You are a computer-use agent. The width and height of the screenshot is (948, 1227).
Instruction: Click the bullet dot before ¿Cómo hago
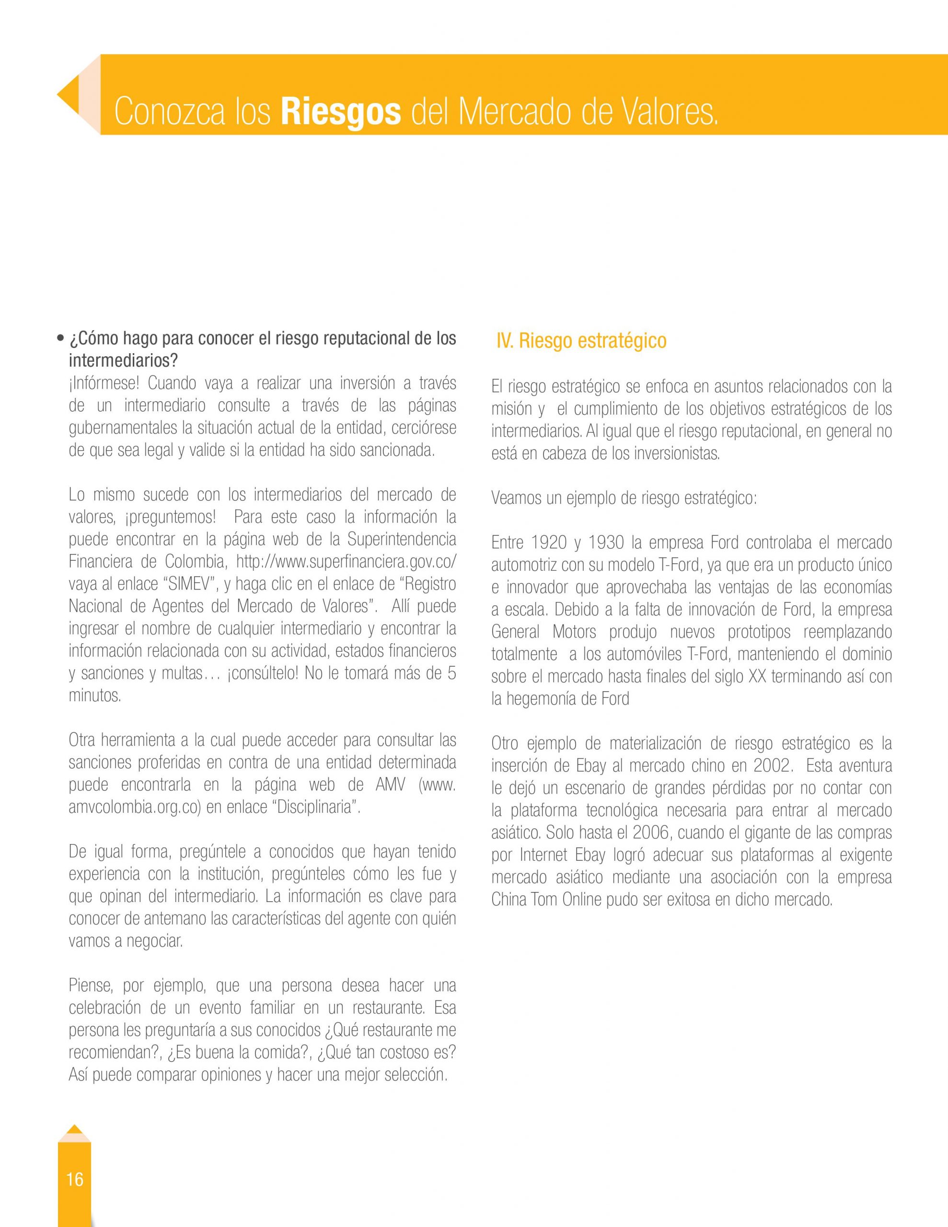tap(59, 340)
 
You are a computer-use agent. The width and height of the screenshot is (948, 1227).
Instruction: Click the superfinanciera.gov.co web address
tap(346, 562)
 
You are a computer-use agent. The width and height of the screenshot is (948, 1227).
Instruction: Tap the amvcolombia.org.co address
tap(135, 807)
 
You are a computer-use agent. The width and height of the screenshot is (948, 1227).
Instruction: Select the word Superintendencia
tap(402, 539)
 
